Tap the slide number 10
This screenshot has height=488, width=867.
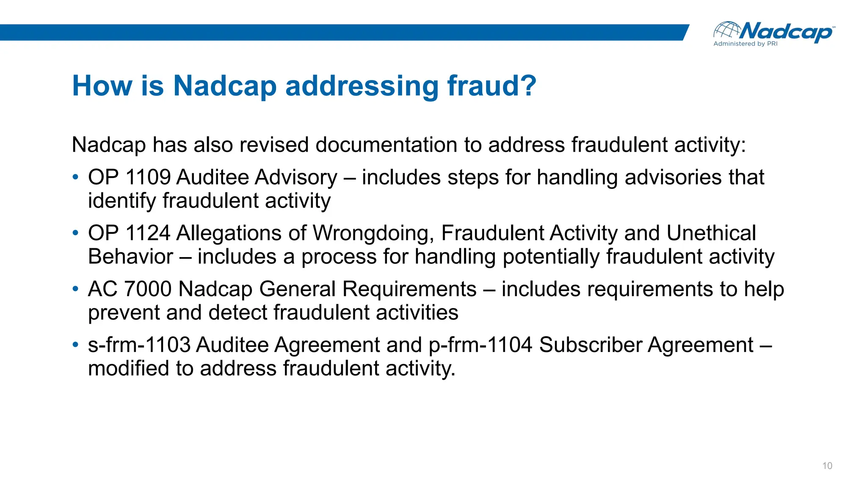[827, 466]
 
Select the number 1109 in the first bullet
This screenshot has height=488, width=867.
[148, 177]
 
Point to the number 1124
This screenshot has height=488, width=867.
[148, 233]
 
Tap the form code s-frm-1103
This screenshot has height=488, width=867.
[139, 345]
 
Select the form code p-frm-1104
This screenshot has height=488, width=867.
[480, 345]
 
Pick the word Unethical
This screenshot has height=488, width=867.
[711, 233]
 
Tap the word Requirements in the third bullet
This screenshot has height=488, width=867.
[409, 289]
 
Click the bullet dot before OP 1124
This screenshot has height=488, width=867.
[75, 233]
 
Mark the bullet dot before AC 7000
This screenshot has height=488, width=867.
[75, 289]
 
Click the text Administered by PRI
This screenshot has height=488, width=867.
[745, 44]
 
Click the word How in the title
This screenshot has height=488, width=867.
[102, 86]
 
